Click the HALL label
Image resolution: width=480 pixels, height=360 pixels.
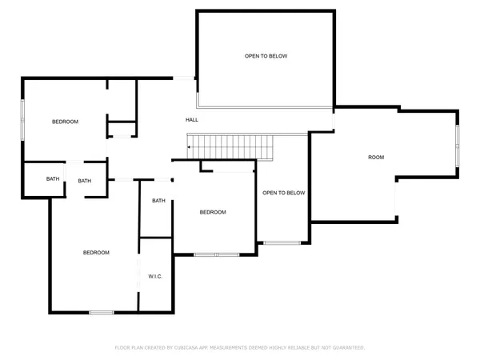[192, 120]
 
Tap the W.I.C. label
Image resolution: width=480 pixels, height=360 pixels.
[155, 276]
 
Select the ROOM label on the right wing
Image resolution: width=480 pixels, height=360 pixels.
[376, 158]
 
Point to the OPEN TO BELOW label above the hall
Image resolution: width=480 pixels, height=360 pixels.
[266, 56]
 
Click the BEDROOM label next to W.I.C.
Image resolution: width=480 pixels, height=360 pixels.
[96, 253]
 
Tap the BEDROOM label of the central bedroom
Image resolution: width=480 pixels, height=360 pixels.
[213, 212]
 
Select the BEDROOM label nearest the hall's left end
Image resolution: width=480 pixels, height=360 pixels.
[65, 122]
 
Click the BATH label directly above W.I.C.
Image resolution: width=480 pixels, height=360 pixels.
[158, 201]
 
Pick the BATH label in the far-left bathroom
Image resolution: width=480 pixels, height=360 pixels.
[52, 179]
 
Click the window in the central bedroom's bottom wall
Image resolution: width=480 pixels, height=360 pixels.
[217, 254]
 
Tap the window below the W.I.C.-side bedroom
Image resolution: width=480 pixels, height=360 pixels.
[101, 312]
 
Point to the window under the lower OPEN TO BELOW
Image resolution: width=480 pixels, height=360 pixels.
[282, 242]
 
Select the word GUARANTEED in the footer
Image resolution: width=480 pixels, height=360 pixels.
[347, 348]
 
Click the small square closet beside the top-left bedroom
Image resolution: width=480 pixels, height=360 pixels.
[122, 130]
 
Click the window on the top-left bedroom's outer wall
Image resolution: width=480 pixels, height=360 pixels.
[22, 120]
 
